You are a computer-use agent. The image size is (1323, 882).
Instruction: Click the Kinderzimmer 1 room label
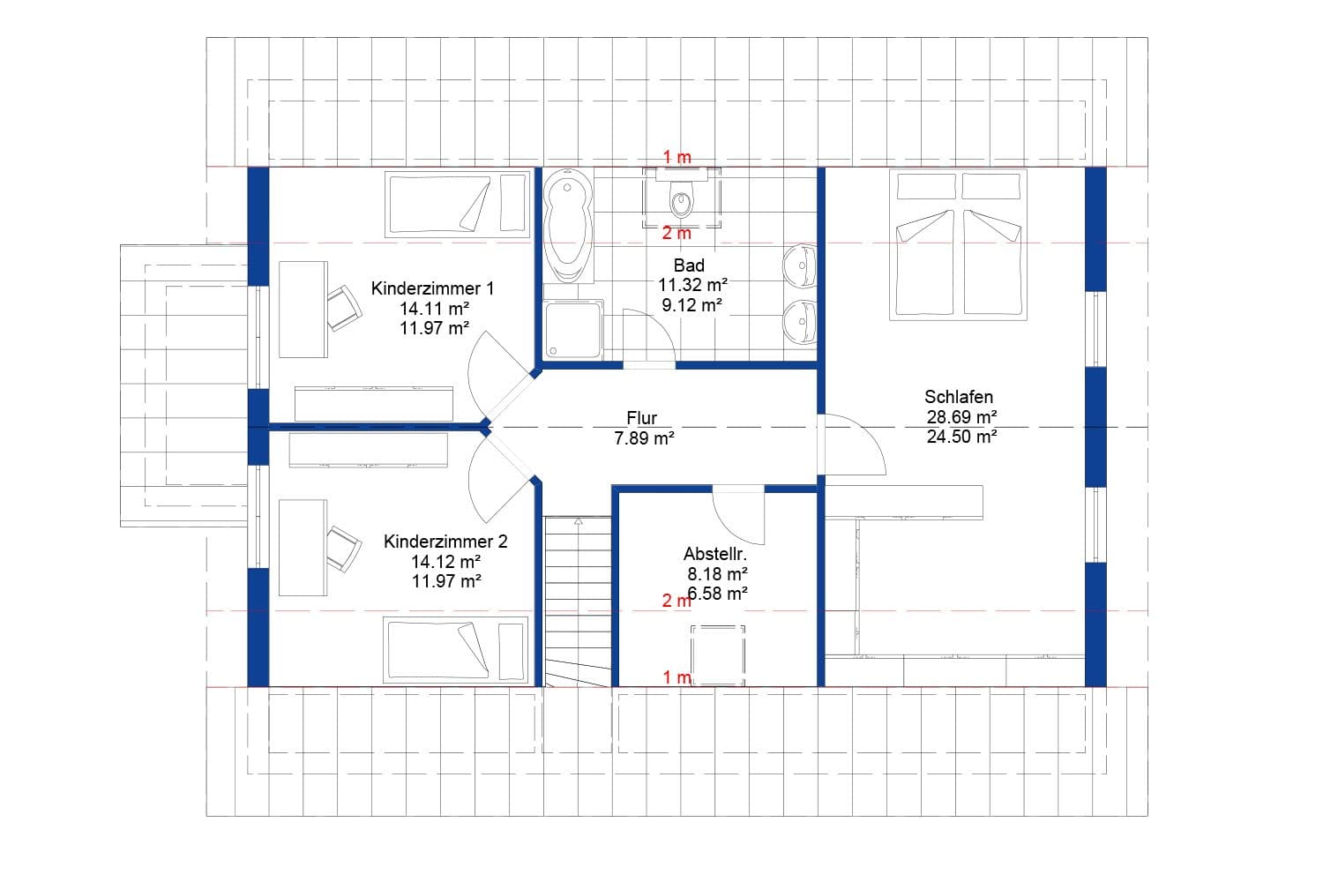432,288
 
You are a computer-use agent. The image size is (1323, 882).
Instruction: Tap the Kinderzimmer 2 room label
445,542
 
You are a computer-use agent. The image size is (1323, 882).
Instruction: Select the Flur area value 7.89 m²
644,437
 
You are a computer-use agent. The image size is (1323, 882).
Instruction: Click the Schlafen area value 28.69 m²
961,416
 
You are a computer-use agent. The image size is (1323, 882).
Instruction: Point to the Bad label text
689,265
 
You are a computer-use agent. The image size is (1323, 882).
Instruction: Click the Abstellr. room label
715,554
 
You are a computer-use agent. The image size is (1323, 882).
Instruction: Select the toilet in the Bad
681,199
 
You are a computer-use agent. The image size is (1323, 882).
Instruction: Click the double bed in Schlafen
959,244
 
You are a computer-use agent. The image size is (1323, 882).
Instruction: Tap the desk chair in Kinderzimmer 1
343,306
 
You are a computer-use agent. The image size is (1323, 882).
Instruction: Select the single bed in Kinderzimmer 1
458,205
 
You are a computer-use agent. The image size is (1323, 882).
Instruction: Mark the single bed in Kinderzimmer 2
454,649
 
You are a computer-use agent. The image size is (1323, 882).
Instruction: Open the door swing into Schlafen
851,445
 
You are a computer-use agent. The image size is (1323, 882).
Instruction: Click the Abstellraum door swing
739,516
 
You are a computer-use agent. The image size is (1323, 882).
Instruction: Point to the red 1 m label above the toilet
677,157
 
